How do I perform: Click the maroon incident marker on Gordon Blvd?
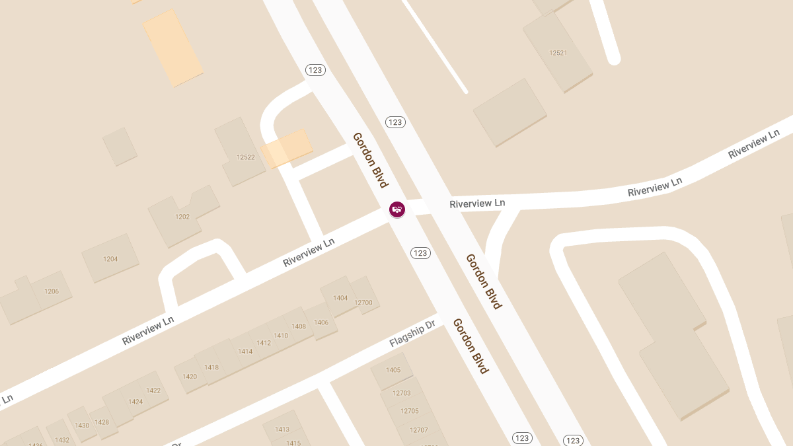[x=397, y=209]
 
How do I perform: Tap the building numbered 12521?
[x=558, y=52]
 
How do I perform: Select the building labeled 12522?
[x=245, y=157]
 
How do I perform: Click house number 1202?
[x=182, y=217]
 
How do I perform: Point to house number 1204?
[x=110, y=259]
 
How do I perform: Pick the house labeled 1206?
[x=52, y=291]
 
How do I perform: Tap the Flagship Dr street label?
[x=412, y=333]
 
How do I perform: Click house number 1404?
[x=340, y=298]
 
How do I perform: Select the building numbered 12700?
[x=363, y=303]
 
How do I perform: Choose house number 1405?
[x=393, y=370]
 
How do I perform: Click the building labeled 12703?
[x=401, y=393]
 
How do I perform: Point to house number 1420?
[x=190, y=377]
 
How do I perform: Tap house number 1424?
[x=135, y=402]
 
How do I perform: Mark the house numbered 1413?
[x=282, y=429]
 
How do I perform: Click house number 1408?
[x=299, y=326]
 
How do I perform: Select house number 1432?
[x=62, y=440]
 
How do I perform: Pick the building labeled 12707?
[x=418, y=430]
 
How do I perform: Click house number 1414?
[x=245, y=352]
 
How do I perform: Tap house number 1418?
[x=211, y=367]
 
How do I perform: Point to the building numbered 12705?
[x=410, y=411]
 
